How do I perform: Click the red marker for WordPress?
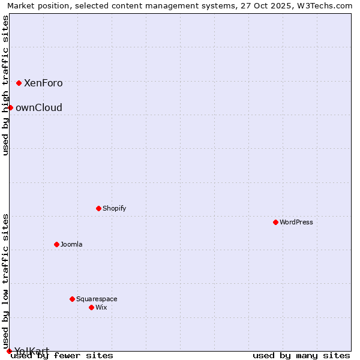tap(275, 222)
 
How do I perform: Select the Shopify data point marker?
tap(98, 208)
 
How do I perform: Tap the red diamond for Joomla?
tap(56, 244)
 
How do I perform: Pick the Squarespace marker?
tap(72, 299)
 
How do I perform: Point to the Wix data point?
tap(91, 307)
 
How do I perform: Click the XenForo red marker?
tap(19, 83)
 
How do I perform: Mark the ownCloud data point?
tap(10, 107)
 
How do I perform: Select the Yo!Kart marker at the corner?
tap(9, 351)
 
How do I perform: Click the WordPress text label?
tap(296, 222)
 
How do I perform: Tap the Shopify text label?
tap(115, 208)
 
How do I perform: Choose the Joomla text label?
tap(71, 244)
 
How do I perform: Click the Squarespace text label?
tap(97, 299)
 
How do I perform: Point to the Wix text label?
tap(101, 307)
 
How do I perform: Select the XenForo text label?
tap(43, 83)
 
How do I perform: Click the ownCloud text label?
tap(39, 107)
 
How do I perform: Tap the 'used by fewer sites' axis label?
tap(62, 356)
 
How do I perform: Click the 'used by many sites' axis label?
tap(301, 356)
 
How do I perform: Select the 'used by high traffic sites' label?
tap(5, 85)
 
